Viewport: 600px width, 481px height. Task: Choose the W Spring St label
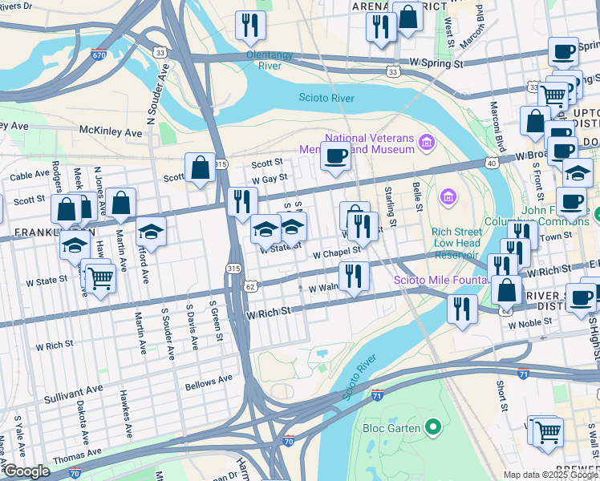(436, 61)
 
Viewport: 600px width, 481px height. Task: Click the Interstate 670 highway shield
(99, 55)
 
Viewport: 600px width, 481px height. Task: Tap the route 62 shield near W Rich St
(251, 285)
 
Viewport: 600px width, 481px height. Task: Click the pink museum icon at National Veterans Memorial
(427, 143)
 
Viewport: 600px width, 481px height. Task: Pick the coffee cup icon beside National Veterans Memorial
(335, 155)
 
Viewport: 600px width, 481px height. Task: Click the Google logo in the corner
(26, 471)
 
